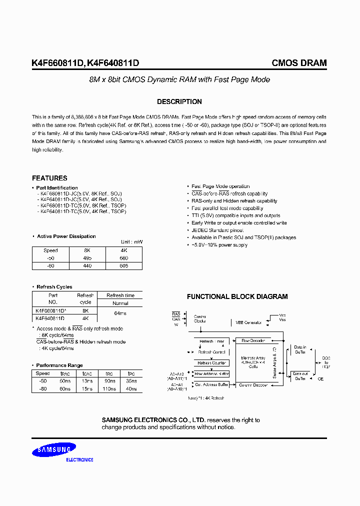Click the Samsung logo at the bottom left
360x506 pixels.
coord(54,450)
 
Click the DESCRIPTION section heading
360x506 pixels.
coord(179,101)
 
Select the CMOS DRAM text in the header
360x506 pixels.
coord(299,63)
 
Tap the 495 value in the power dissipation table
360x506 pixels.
coord(88,258)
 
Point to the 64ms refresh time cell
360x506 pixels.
coord(120,313)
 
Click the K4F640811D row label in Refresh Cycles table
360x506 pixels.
coord(50,318)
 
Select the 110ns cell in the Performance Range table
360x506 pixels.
coord(108,388)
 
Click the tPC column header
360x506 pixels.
coord(131,373)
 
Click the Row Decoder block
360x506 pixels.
coord(253,340)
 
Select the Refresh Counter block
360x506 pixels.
coord(211,363)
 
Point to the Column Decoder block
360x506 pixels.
coord(253,384)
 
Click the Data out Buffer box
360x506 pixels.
coord(300,376)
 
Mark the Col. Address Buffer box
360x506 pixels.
coord(211,384)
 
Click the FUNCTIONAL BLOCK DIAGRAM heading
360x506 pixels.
coord(237,296)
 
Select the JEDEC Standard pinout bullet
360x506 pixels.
coord(218,230)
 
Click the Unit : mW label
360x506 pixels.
coord(131,242)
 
